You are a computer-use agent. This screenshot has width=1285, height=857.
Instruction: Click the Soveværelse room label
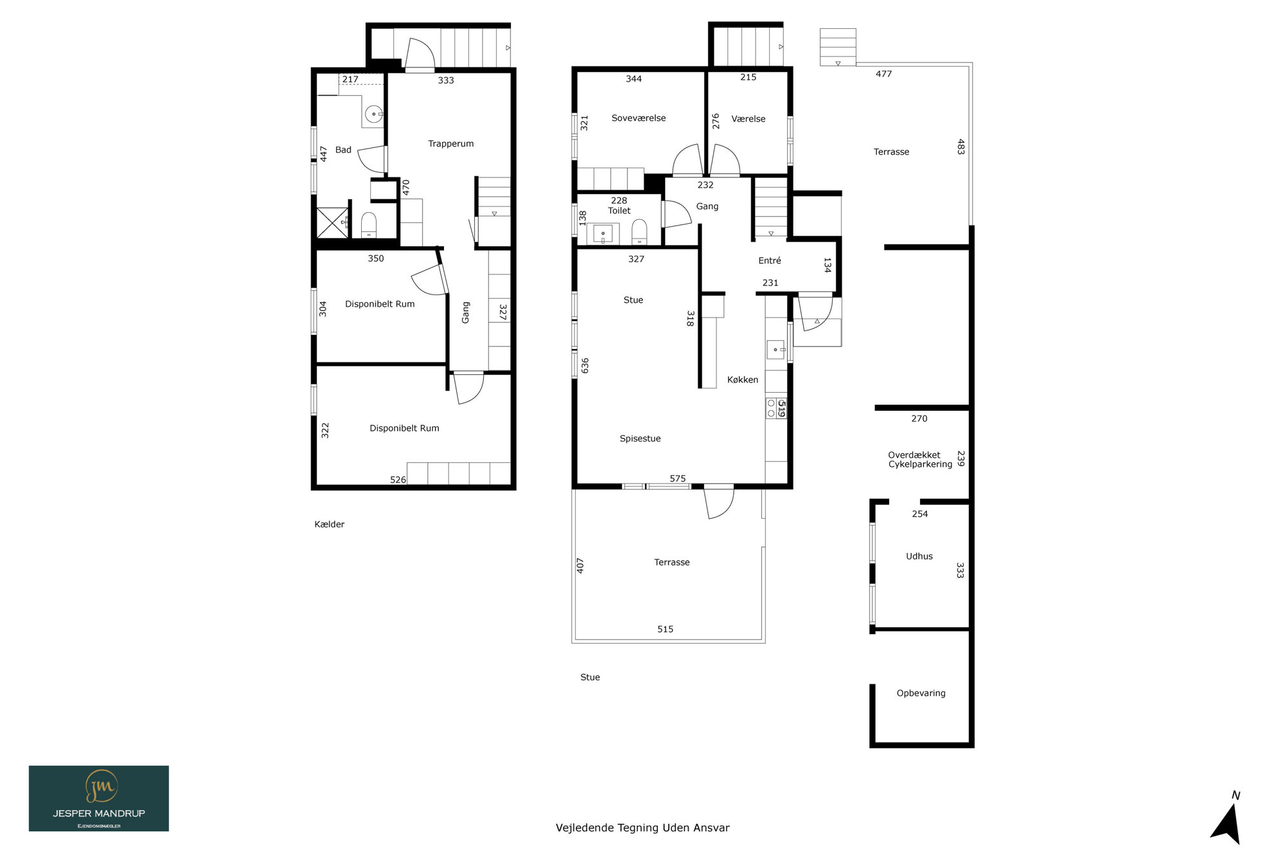[638, 118]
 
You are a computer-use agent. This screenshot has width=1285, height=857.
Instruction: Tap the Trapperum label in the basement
[451, 144]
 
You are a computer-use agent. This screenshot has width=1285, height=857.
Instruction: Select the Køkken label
[743, 380]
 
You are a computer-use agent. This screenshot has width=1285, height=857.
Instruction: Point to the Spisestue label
[640, 439]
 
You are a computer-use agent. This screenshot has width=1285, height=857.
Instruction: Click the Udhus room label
[919, 557]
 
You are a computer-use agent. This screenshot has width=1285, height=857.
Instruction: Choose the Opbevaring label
[921, 694]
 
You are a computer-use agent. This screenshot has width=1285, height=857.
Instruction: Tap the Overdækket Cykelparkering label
[920, 460]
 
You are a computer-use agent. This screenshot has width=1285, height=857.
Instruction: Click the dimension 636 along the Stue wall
[585, 366]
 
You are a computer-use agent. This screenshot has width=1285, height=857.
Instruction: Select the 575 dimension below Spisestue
[678, 479]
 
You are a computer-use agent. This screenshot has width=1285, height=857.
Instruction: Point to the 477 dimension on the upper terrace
[883, 74]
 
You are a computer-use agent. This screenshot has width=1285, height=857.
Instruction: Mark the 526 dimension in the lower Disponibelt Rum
[398, 480]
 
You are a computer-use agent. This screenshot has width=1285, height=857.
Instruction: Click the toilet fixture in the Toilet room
[639, 231]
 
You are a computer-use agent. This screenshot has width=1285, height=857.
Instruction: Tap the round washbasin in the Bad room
[373, 114]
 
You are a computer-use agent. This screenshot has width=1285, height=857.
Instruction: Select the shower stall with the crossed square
[332, 222]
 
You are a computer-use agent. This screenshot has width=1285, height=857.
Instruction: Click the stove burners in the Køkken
[771, 408]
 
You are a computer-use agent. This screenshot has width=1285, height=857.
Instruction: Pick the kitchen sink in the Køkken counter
[775, 350]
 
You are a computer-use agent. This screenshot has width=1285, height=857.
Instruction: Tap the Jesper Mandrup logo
[99, 798]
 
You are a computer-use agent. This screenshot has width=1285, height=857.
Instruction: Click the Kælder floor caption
[330, 525]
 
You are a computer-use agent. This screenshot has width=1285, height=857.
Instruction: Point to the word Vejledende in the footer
[584, 828]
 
